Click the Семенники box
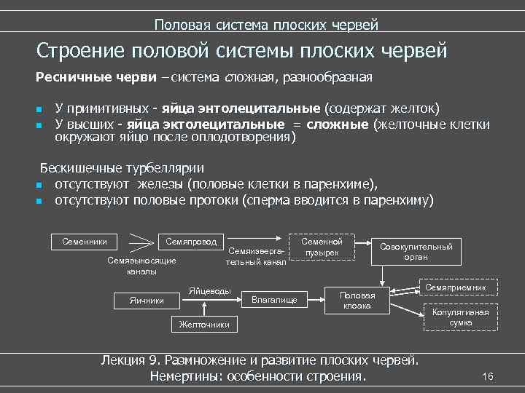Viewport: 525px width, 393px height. [85, 241]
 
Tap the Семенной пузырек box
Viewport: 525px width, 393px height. [322, 247]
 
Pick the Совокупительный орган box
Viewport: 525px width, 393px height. [415, 252]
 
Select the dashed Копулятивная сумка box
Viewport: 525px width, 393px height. [460, 317]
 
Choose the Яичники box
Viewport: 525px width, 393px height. [146, 300]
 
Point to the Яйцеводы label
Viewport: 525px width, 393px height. [209, 291]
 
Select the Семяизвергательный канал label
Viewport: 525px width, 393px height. [256, 255]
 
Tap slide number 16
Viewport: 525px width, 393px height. [488, 376]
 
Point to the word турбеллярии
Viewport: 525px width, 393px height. [163, 167]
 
